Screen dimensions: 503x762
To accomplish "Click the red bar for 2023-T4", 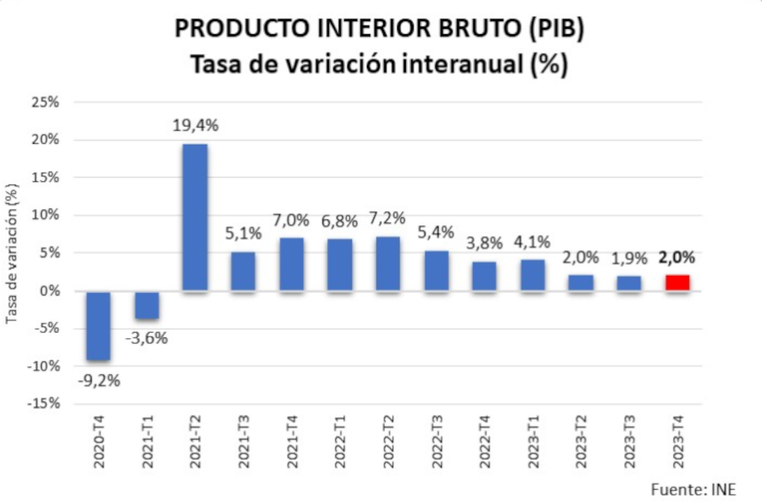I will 676,283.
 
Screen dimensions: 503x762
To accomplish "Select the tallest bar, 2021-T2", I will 195,218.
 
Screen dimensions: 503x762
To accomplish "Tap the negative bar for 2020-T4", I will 99,326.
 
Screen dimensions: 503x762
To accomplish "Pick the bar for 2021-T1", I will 147,305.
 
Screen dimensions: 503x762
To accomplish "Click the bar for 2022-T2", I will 388,264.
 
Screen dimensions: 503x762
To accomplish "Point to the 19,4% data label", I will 195,126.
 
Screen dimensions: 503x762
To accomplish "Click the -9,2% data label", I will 99,381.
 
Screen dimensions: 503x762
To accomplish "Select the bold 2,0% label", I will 676,258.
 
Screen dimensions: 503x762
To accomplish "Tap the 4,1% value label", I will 533,242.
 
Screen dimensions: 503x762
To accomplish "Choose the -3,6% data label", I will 147,338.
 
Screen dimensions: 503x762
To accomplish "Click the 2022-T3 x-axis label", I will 436,442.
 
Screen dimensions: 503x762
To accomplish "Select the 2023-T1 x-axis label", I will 533,442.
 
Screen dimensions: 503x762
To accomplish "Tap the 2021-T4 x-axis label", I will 292,442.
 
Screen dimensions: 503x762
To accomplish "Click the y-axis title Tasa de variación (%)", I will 12,253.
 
